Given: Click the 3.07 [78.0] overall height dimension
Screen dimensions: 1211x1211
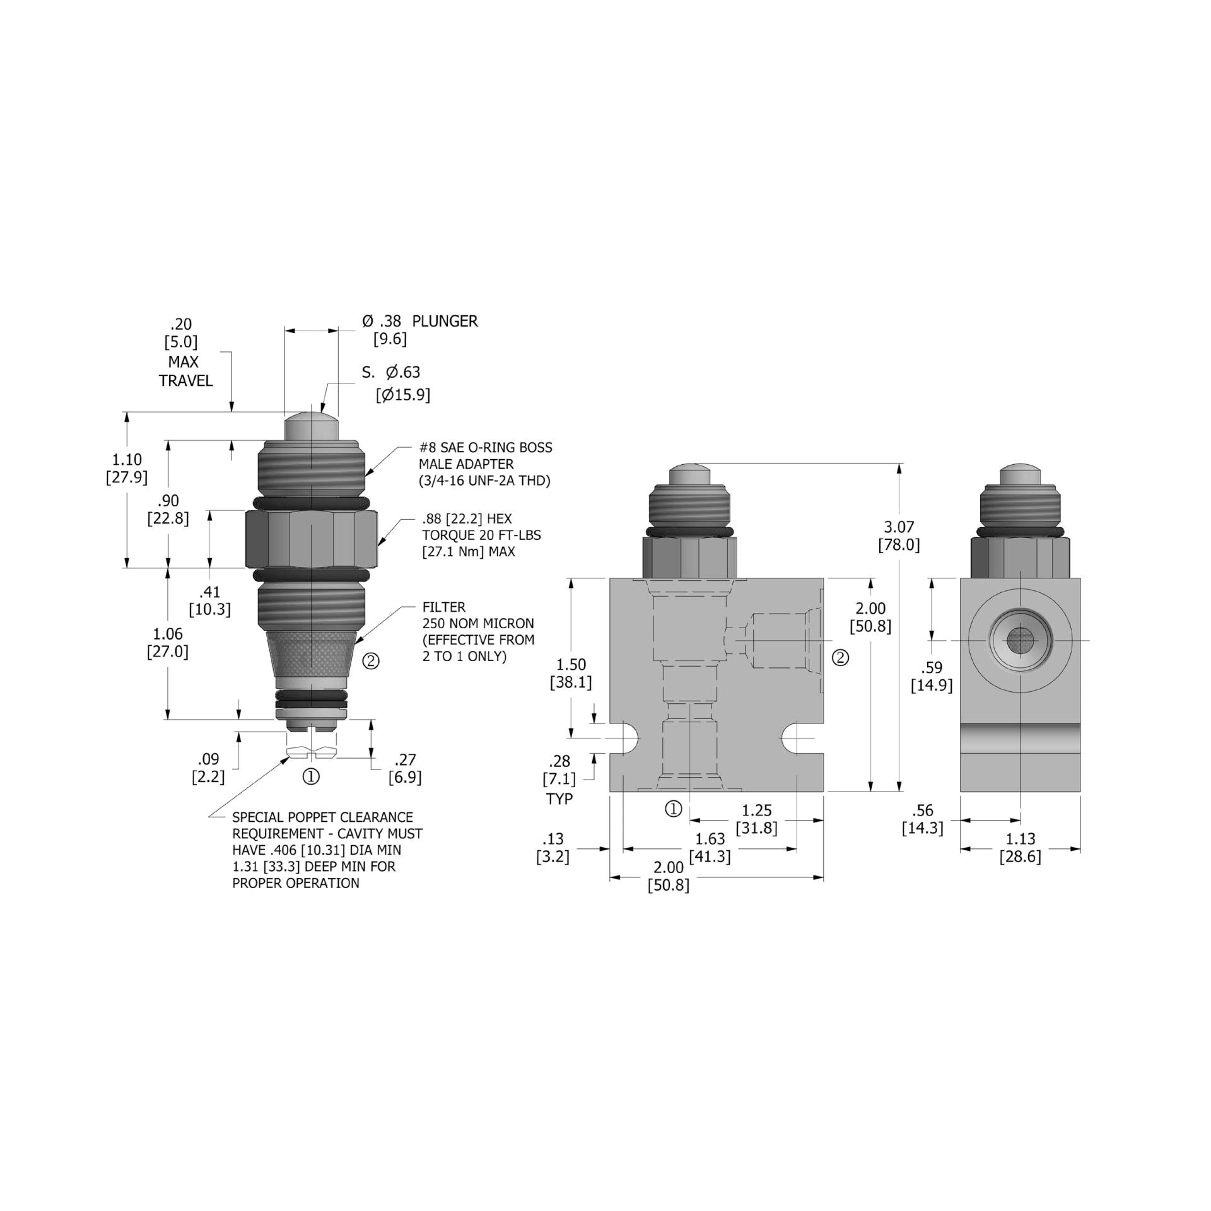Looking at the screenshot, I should (x=899, y=536).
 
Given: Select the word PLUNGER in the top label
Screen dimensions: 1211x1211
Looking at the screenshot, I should (x=445, y=321).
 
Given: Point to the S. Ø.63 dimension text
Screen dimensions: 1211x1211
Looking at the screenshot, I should (x=392, y=373).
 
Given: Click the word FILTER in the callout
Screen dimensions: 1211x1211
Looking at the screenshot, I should (x=444, y=607).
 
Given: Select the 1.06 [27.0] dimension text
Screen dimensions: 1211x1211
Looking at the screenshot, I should (x=168, y=643).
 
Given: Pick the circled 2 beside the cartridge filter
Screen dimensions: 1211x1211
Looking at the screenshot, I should (x=371, y=661).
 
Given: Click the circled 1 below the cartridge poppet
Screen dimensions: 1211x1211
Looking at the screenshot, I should (x=312, y=776).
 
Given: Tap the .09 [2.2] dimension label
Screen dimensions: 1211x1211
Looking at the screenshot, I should (x=208, y=768).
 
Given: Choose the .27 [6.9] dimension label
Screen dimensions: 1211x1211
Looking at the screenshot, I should (x=404, y=768).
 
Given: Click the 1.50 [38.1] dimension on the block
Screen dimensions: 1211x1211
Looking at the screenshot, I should (x=571, y=673).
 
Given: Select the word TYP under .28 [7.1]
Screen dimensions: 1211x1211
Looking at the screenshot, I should (x=559, y=799).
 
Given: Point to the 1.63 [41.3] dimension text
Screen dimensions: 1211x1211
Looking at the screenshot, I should (x=710, y=848).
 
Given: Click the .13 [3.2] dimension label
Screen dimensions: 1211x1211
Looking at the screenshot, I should (x=553, y=848).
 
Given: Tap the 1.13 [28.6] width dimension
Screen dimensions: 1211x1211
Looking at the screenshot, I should (x=1020, y=848).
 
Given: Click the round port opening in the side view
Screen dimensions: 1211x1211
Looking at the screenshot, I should (x=1020, y=641).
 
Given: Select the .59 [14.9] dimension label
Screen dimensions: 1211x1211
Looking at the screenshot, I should (x=931, y=676).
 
